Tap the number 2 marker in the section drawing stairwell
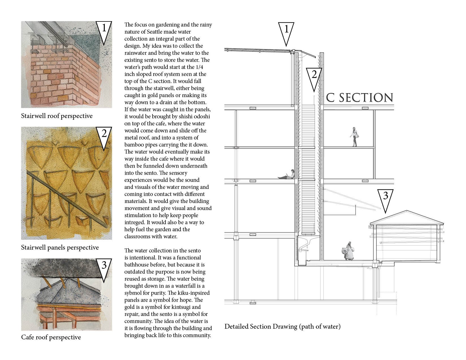314,76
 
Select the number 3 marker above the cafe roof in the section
385,198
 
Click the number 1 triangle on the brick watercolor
104,30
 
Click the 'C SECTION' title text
359,98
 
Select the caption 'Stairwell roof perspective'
57,116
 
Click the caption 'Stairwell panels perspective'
60,248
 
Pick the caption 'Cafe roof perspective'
51,337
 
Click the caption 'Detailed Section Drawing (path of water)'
282,327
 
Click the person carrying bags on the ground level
348,251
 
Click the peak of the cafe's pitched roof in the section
406,211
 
